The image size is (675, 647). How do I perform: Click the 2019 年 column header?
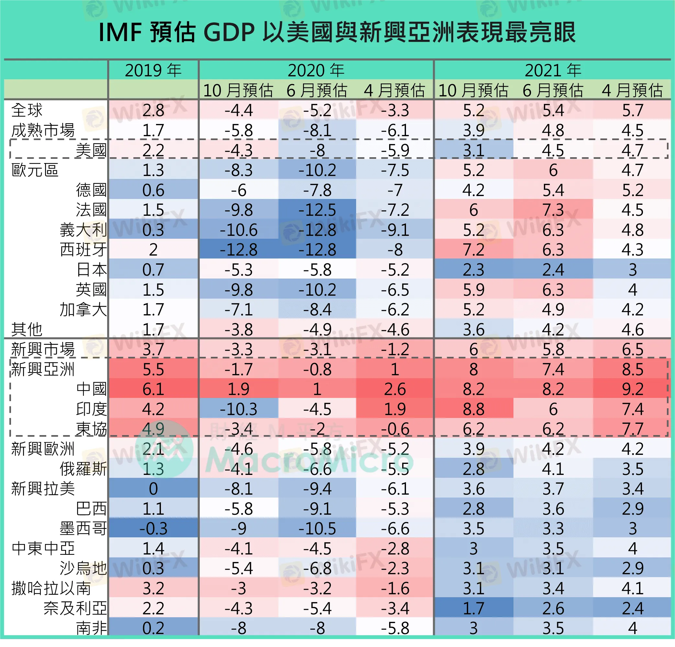153,71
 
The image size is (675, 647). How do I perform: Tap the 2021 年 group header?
553,71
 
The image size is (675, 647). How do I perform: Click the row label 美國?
91,150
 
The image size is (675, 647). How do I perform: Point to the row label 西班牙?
83,249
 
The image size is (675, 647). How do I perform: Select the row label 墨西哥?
83,528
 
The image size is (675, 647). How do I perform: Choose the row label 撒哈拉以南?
51,588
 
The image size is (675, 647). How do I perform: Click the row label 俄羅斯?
83,469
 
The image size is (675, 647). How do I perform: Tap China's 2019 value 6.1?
153,389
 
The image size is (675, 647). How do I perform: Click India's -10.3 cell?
238,409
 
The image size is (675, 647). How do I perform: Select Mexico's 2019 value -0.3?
153,528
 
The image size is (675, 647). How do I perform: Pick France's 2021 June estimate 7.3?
553,210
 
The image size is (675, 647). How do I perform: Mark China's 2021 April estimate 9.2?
632,389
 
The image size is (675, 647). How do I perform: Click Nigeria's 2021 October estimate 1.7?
474,608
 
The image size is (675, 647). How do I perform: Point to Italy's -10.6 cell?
238,230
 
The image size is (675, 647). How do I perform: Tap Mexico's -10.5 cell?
317,528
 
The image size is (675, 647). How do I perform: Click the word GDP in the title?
229,33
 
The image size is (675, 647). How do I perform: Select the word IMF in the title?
120,33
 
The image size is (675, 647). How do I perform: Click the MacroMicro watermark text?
310,459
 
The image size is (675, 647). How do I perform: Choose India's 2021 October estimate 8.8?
474,409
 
